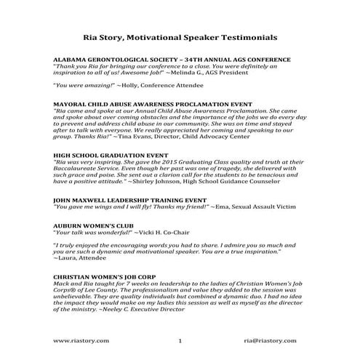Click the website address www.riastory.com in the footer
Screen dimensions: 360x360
[81, 340]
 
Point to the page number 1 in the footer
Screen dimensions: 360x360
[179, 340]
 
